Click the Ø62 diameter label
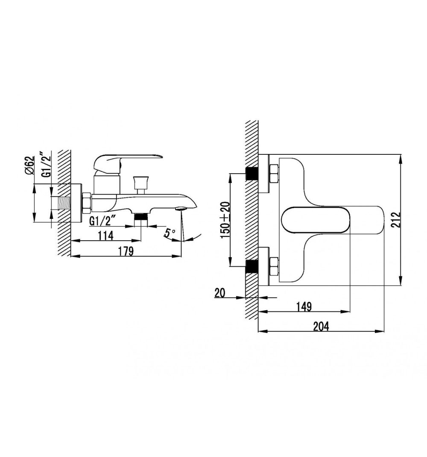coord(29,165)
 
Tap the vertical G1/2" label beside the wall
coord(46,164)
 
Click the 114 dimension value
coord(105,236)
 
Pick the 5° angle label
coord(170,233)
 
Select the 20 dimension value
coord(220,292)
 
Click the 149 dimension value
coord(304,307)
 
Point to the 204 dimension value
coord(321,327)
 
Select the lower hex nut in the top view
coord(274,266)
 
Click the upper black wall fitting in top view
coord(252,174)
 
